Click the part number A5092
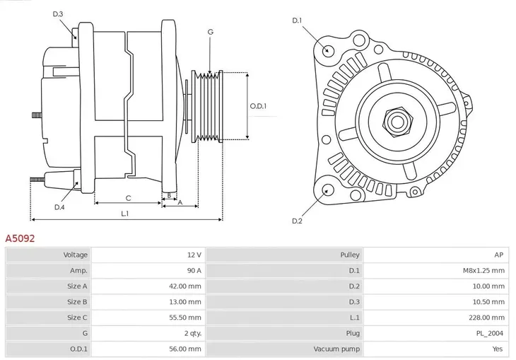(20, 239)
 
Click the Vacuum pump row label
(336, 349)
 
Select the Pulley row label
(349, 255)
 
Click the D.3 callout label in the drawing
(58, 14)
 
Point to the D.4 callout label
(59, 207)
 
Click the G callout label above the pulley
(210, 32)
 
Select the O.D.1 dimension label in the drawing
(258, 106)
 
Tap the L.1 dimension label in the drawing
(124, 213)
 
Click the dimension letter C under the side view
(128, 198)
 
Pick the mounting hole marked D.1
(328, 50)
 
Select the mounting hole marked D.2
(327, 190)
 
